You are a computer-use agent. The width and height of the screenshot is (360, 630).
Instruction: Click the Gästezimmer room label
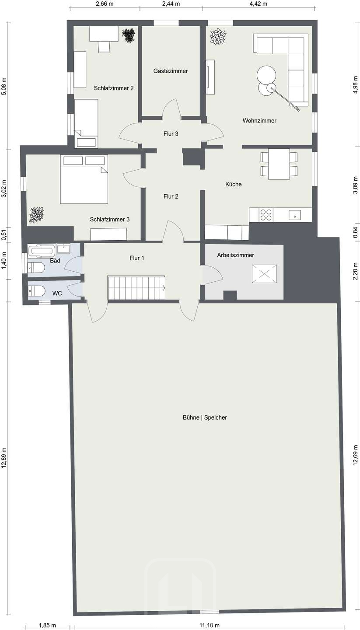coord(171,71)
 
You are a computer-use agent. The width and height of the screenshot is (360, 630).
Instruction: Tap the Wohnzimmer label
coord(259,121)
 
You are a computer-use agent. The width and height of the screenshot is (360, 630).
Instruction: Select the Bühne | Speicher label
coord(205,417)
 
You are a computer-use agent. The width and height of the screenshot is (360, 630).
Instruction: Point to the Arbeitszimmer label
coord(235,255)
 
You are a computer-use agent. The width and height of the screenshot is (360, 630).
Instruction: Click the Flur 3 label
coord(171,133)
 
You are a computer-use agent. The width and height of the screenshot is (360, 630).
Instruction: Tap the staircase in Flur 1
coord(136,288)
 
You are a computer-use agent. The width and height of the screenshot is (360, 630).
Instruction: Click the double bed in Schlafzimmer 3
coord(84,179)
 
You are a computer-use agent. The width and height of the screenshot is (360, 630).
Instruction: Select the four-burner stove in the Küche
coord(266,215)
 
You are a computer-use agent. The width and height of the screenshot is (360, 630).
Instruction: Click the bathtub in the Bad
coord(42,250)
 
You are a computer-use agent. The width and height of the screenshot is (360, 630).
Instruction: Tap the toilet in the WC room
coord(37,291)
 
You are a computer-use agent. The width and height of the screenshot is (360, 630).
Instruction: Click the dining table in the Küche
coord(279,164)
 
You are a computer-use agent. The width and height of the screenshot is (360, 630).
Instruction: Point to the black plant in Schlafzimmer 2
coord(129,36)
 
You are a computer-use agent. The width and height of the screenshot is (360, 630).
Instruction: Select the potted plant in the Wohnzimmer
coord(218,37)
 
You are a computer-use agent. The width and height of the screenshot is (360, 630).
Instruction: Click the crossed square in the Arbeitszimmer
coord(264,273)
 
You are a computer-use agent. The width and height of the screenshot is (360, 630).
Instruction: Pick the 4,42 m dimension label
coord(259,3)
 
